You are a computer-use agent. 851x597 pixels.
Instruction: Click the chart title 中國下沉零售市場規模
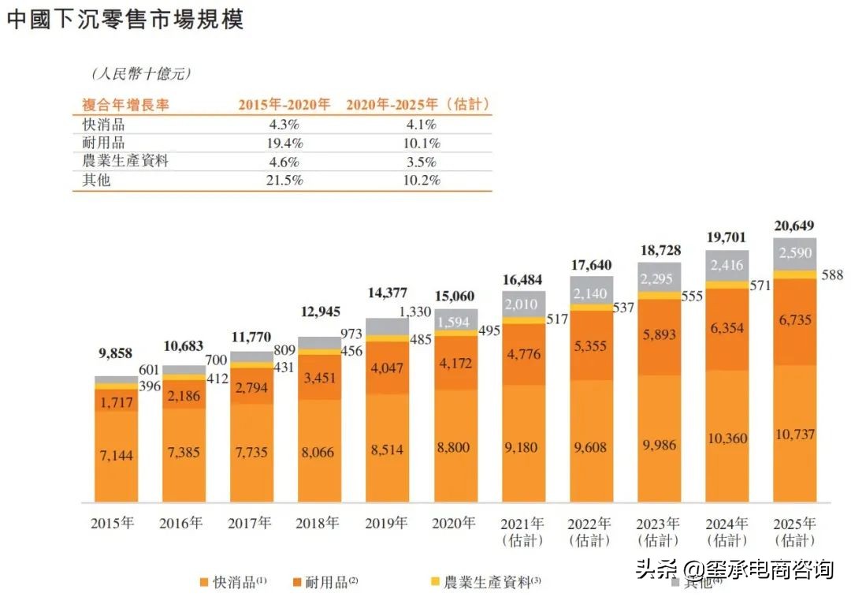(125, 19)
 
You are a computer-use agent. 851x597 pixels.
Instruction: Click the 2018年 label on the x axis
(319, 523)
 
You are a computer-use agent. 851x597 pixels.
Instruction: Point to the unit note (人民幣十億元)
(140, 74)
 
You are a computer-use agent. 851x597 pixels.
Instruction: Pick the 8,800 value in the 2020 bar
(455, 447)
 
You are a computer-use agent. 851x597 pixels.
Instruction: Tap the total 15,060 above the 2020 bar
(455, 296)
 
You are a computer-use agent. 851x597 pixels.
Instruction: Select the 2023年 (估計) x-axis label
(658, 532)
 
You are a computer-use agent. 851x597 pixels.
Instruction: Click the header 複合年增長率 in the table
(126, 105)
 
